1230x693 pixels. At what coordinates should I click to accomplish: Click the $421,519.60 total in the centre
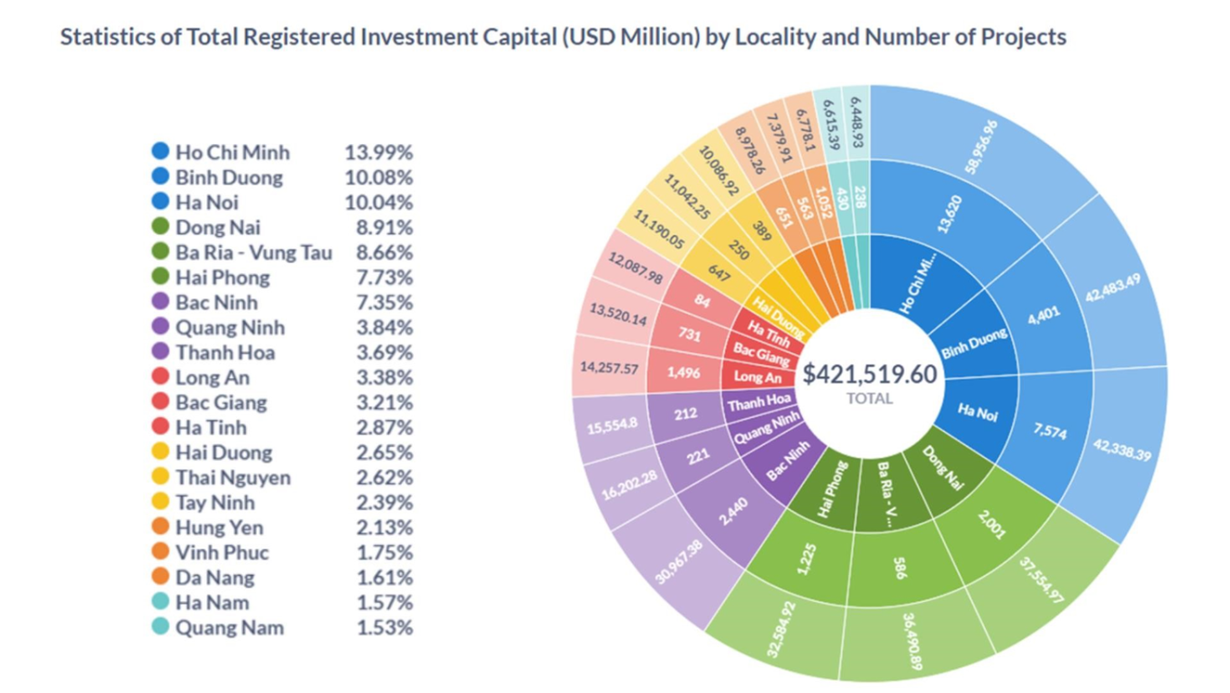pyautogui.click(x=870, y=374)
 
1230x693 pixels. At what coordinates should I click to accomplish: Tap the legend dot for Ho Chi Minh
pyautogui.click(x=160, y=152)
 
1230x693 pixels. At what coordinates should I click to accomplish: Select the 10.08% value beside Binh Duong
pyautogui.click(x=378, y=178)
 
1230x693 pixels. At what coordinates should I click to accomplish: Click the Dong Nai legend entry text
pyautogui.click(x=218, y=228)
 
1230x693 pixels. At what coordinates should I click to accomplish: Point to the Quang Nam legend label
pyautogui.click(x=229, y=628)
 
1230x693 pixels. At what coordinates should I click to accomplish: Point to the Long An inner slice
pyautogui.click(x=757, y=377)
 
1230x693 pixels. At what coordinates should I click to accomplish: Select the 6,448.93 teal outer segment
pyautogui.click(x=856, y=122)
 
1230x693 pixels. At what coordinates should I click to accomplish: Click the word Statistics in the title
pyautogui.click(x=108, y=37)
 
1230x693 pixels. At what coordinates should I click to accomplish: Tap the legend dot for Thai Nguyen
pyautogui.click(x=160, y=478)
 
